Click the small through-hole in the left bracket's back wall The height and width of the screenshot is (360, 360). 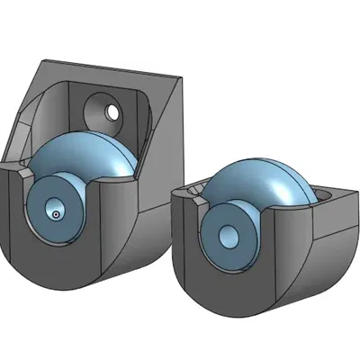[x=112, y=112]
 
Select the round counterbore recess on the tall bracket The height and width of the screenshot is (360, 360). [x=101, y=112]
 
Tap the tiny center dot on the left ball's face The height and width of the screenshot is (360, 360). [x=56, y=214]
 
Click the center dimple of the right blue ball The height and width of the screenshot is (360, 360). [x=229, y=235]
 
